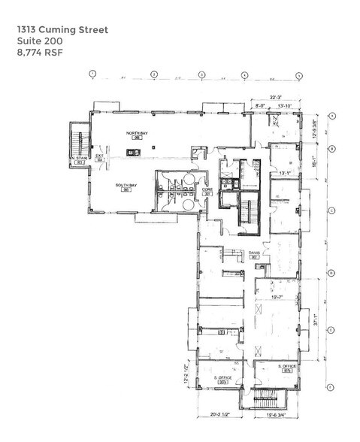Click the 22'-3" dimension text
click(277, 96)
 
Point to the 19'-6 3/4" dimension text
click(278, 413)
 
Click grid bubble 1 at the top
click(92, 74)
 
